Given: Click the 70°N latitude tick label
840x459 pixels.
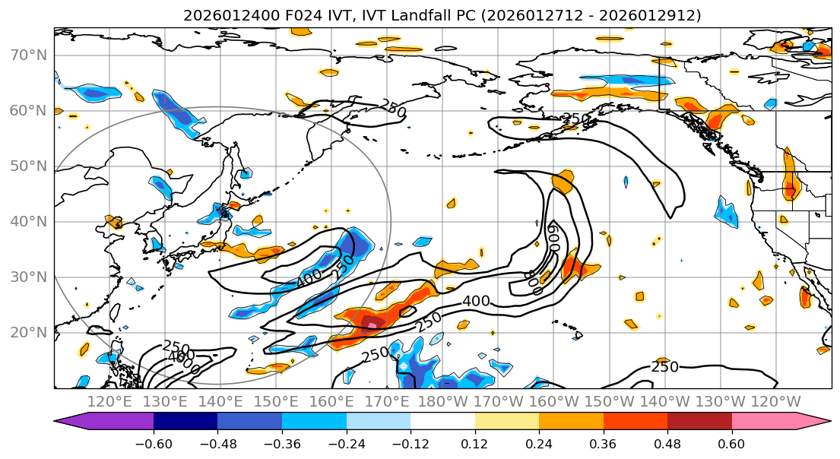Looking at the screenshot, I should coord(30,55).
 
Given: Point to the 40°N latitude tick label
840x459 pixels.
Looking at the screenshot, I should coord(30,221).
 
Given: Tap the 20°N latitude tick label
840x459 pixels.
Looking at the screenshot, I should coord(30,332).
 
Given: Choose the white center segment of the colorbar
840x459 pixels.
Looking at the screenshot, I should coord(442,422).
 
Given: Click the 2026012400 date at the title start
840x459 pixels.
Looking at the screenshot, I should coord(220,15).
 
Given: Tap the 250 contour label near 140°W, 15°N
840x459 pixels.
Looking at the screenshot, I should coord(665,367).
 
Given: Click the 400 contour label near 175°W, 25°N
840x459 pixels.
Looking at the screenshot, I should coord(476,302).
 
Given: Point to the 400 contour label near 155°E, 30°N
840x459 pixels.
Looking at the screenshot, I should coord(309,280).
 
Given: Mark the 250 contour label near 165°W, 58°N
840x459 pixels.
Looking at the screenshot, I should coord(576,118).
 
